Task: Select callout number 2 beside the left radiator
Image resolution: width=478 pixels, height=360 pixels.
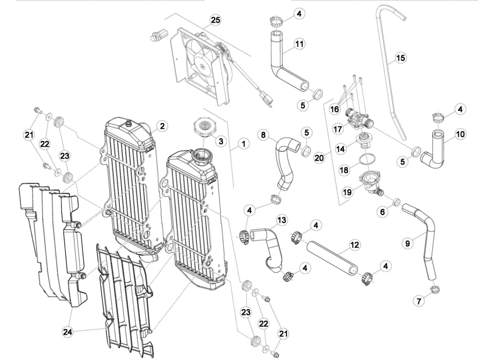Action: point(162,126)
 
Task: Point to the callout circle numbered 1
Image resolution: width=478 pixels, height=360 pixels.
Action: point(243,143)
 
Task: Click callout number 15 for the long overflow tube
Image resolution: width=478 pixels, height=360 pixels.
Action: point(401,58)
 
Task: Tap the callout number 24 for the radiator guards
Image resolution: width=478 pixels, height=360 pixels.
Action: point(67,332)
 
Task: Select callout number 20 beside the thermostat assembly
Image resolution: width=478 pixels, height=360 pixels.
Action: point(319,158)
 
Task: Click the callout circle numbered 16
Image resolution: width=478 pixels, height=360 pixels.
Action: point(334,109)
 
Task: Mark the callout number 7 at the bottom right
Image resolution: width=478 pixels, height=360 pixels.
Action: point(419,301)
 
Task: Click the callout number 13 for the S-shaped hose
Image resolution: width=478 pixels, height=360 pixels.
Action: point(282,220)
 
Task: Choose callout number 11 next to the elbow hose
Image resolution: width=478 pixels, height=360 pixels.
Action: point(299,44)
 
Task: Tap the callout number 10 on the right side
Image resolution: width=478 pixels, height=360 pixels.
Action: point(460,134)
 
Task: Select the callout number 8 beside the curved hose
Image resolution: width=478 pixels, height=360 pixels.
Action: point(263,135)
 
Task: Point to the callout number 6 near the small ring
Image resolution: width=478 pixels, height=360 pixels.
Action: point(383,212)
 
